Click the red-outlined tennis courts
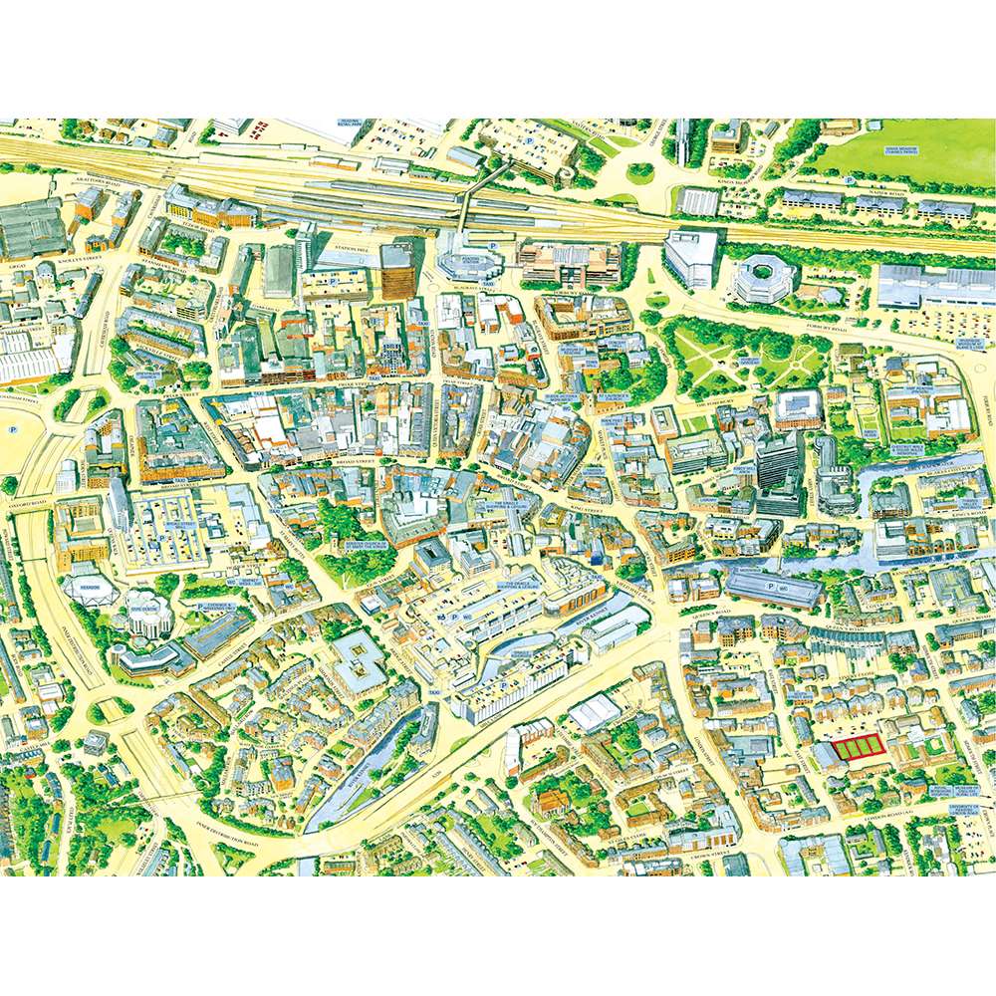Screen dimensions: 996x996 tap(858, 748)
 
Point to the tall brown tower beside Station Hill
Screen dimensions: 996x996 tap(396, 270)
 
